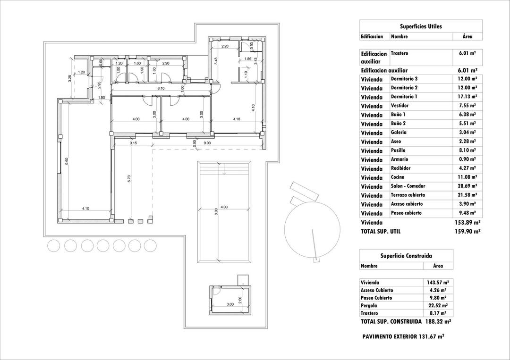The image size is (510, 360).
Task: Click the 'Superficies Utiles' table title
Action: click(421, 26)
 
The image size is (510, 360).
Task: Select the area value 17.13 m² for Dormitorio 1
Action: click(467, 97)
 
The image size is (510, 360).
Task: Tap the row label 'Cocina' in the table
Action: click(398, 177)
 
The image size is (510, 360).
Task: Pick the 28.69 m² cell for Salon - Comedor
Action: click(467, 186)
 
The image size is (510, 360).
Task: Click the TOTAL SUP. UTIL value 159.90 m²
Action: click(466, 232)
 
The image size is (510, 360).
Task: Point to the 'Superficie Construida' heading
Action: click(406, 256)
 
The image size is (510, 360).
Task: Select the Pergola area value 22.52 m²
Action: click(436, 306)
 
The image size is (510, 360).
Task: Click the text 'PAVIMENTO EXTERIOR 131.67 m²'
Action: click(403, 337)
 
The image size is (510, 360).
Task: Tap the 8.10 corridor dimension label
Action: click(161, 88)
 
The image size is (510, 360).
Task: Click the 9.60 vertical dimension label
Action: click(67, 161)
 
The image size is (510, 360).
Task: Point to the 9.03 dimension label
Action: click(207, 142)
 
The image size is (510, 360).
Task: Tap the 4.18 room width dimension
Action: click(237, 119)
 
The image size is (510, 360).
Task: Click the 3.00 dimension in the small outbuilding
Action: click(230, 304)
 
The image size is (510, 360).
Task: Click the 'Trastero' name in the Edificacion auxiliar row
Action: click(399, 53)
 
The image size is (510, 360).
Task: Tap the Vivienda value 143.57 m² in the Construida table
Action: click(436, 282)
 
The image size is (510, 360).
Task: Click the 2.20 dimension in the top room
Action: click(225, 46)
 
